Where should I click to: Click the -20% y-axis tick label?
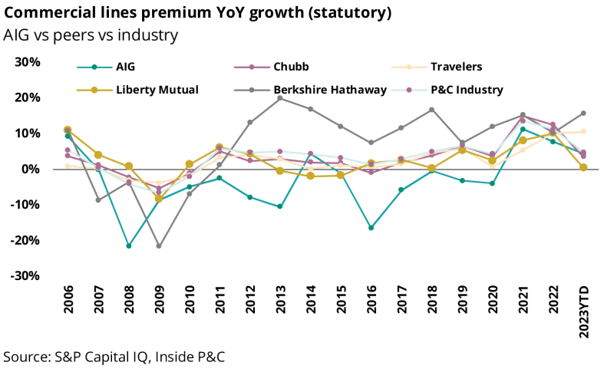[x=25, y=240]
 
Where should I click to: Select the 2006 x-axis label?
[x=68, y=303]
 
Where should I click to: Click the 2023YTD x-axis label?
[x=584, y=310]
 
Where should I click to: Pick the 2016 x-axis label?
[x=371, y=303]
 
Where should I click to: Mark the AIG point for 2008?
[x=129, y=246]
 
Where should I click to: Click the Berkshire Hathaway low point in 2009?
[x=159, y=246]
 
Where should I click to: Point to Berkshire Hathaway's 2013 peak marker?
[x=280, y=98]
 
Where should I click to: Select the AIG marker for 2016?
[x=371, y=228]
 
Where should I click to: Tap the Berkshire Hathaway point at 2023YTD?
[x=583, y=114]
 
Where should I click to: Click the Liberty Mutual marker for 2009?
[x=159, y=199]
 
